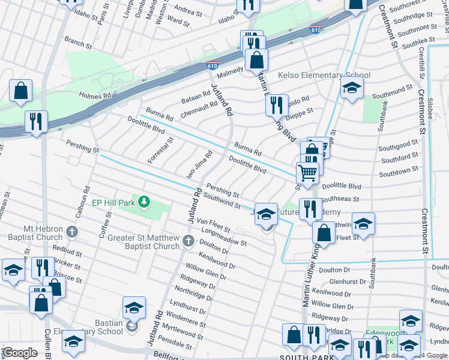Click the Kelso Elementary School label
[324, 76]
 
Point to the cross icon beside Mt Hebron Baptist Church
[72, 231]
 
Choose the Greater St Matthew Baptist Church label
[143, 242]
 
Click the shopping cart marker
[307, 172]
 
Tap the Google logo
[20, 353]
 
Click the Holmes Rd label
[95, 95]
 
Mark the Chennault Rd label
[198, 107]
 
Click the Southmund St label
[392, 91]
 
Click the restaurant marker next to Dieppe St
[277, 104]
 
